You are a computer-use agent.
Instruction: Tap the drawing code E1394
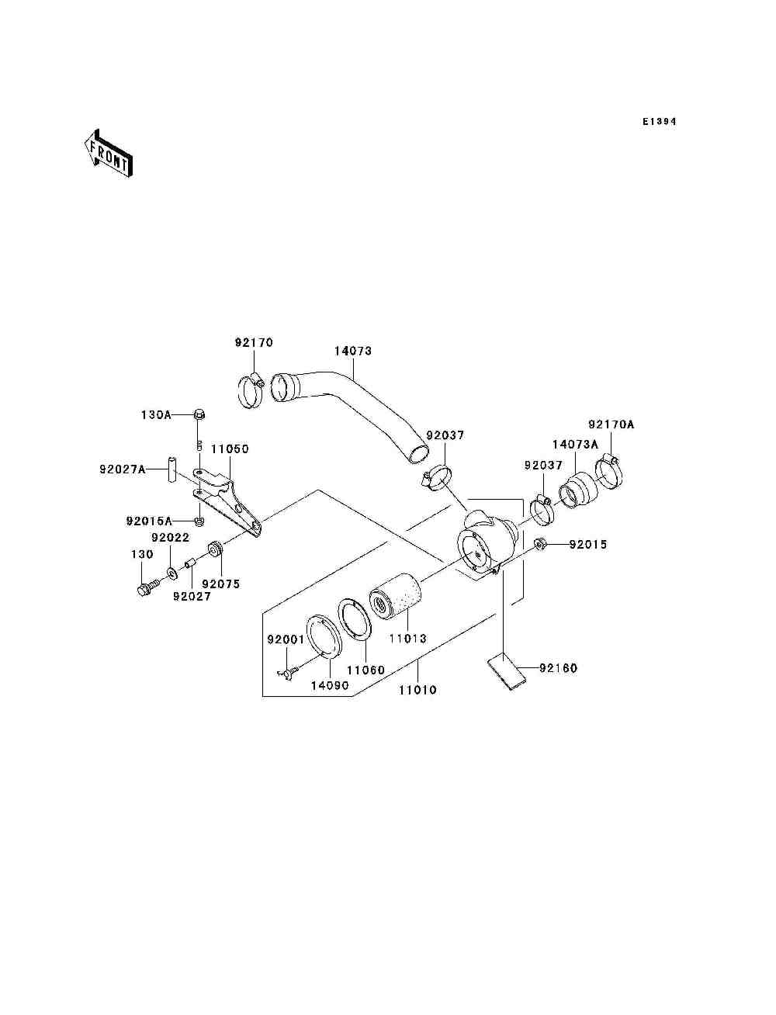pos(659,122)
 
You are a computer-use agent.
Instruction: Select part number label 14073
pos(353,351)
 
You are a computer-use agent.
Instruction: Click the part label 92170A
pos(611,424)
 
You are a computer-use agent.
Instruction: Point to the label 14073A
pos(575,445)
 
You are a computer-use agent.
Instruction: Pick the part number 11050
pos(230,449)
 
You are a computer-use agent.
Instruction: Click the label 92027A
pos(122,469)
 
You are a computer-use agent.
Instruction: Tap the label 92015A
pos(149,521)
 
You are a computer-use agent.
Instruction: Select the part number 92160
pos(558,668)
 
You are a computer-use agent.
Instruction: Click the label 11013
pos(407,639)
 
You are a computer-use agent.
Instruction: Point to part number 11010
pos(417,690)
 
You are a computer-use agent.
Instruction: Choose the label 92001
pos(286,639)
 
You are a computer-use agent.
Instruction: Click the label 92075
pos(220,584)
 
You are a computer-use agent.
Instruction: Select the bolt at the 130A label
pos(199,414)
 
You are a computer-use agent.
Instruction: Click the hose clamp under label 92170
pos(251,389)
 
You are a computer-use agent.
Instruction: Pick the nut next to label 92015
pos(542,544)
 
